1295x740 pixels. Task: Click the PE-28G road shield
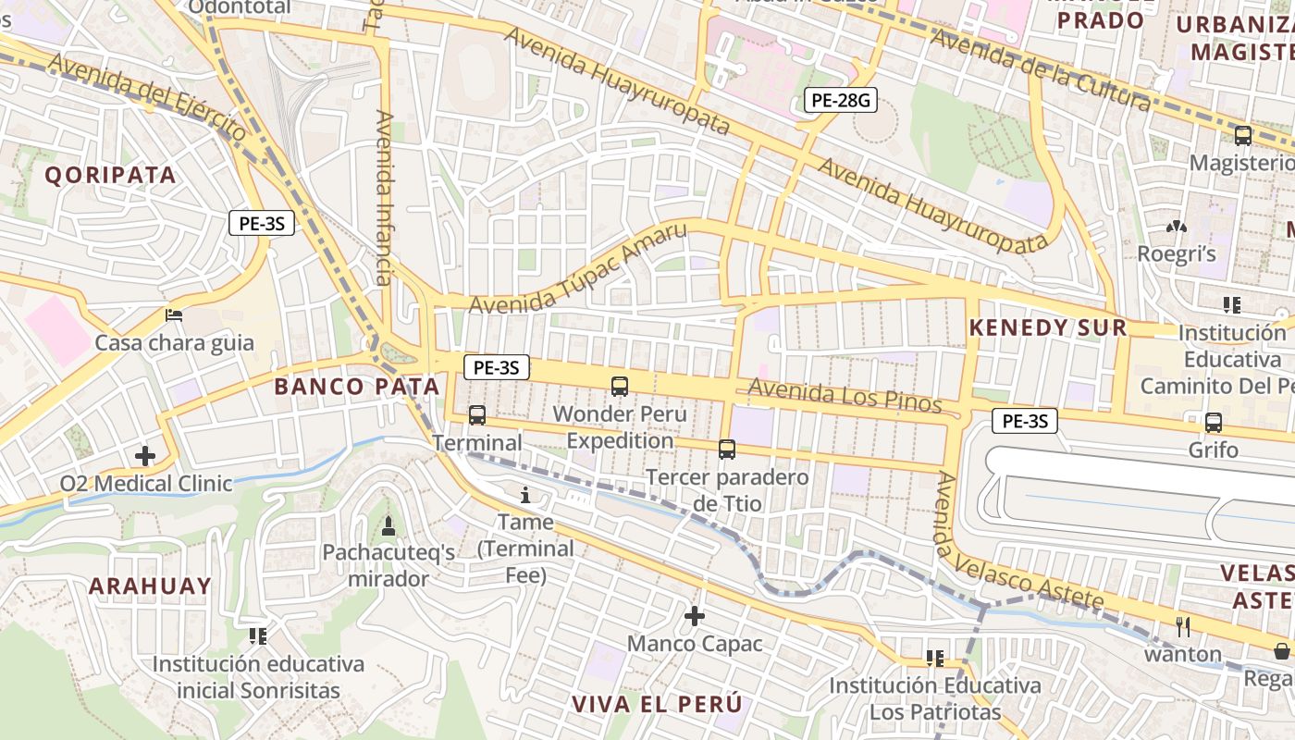click(840, 100)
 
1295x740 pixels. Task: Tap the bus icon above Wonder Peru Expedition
click(620, 387)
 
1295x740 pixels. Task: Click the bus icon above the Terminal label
click(477, 415)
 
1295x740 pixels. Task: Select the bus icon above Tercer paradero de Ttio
click(727, 450)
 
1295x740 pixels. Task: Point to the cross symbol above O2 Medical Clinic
click(145, 456)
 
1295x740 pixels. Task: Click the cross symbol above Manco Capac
click(695, 616)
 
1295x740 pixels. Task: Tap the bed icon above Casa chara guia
click(174, 315)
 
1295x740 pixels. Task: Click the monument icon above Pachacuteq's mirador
click(388, 526)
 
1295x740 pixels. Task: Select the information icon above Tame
click(525, 495)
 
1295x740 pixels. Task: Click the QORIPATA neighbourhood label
click(110, 175)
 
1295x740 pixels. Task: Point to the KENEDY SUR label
click(1048, 327)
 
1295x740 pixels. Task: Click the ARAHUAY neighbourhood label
click(151, 586)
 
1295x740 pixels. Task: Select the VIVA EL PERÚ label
click(657, 704)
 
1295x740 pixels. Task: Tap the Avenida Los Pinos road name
click(845, 396)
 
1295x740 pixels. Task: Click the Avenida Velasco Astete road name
click(1017, 546)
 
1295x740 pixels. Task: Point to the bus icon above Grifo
click(1214, 423)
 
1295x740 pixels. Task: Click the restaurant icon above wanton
click(1182, 626)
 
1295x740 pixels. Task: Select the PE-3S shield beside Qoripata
click(262, 223)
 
